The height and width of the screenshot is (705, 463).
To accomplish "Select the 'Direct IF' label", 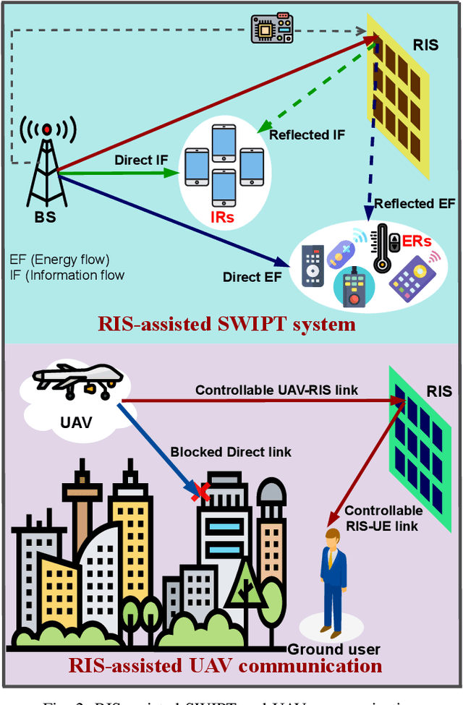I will click(x=140, y=160).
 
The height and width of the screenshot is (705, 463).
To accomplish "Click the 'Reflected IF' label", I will click(x=307, y=134).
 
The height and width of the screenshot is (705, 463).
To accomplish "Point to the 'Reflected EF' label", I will click(x=414, y=204).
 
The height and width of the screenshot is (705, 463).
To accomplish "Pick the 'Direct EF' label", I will click(x=252, y=276).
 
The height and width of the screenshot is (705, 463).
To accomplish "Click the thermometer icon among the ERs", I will click(x=382, y=247).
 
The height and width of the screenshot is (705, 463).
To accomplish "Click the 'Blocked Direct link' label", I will click(x=231, y=452).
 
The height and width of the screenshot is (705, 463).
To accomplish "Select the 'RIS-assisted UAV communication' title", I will click(x=225, y=665).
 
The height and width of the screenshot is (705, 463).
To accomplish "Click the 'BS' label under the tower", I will click(x=46, y=217).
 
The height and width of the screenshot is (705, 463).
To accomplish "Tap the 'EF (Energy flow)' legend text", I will click(x=59, y=259).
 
